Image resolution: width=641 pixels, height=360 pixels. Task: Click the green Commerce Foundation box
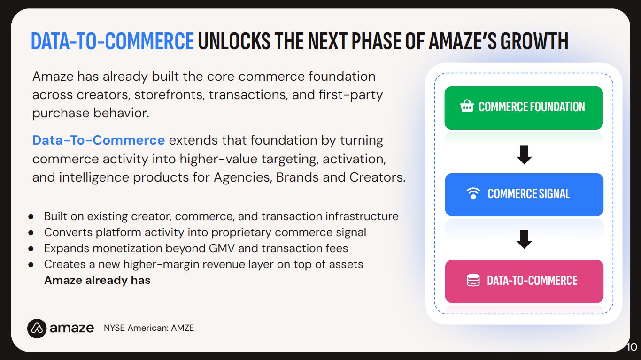click(x=524, y=108)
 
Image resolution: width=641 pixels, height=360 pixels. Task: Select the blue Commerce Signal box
click(x=524, y=194)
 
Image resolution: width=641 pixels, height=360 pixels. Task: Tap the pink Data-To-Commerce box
click(x=524, y=281)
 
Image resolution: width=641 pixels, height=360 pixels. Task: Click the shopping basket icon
click(x=467, y=106)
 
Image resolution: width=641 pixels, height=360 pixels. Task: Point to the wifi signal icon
click(x=473, y=193)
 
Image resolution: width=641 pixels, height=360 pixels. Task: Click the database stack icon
click(x=473, y=280)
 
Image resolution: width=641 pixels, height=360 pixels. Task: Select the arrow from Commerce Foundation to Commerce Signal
click(x=524, y=155)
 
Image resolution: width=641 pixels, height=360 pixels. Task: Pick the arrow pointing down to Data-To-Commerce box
click(x=524, y=239)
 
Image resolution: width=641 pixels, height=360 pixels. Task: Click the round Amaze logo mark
click(x=37, y=329)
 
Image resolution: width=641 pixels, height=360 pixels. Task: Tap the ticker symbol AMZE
click(x=182, y=328)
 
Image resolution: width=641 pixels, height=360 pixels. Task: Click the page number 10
click(x=632, y=347)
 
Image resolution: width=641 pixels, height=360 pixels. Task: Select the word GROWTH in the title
click(x=534, y=41)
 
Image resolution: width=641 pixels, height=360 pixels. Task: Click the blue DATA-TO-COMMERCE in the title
click(x=112, y=41)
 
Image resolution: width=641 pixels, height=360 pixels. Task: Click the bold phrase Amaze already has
click(x=97, y=280)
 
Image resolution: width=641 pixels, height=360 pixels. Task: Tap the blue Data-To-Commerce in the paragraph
click(x=99, y=140)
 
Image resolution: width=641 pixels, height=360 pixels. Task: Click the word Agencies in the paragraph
click(x=243, y=177)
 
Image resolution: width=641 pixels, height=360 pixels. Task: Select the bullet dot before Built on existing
click(x=31, y=217)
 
